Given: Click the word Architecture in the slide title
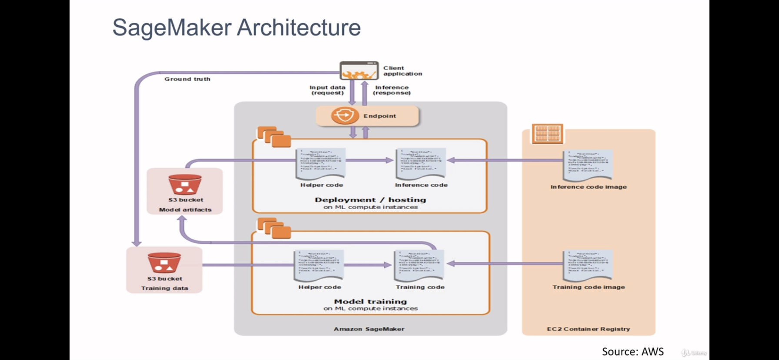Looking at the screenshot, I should click(299, 27).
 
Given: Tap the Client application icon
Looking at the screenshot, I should click(359, 71).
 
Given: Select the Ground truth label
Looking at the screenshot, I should click(187, 79).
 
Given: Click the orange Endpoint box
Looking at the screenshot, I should click(367, 116).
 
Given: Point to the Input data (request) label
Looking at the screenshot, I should click(327, 90).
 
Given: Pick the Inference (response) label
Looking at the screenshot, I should click(392, 90).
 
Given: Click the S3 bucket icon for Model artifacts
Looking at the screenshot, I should click(185, 184).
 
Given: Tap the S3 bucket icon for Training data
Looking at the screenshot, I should click(164, 263).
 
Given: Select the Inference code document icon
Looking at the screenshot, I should click(421, 163).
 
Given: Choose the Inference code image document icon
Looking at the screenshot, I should click(588, 166).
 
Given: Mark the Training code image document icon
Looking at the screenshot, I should click(588, 265).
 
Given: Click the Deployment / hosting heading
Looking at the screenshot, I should click(370, 200).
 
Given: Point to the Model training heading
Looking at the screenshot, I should click(370, 301).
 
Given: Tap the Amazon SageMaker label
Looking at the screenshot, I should click(369, 329).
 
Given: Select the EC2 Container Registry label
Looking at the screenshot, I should click(588, 329).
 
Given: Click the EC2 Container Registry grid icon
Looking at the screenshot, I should click(547, 133).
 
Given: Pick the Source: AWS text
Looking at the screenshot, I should click(633, 351).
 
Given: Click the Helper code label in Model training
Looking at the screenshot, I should click(320, 287).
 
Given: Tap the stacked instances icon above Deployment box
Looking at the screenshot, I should click(274, 137).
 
